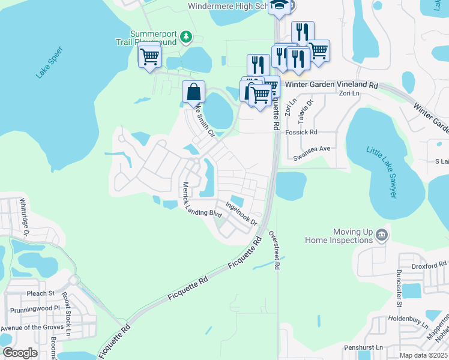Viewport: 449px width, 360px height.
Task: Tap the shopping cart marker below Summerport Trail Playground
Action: tap(149, 56)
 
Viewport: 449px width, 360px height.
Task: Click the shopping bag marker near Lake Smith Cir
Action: tap(193, 93)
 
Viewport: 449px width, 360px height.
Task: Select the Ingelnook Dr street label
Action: tap(241, 213)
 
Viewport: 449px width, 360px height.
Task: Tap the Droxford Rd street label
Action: tap(430, 264)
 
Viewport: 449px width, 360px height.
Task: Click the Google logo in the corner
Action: tap(20, 353)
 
